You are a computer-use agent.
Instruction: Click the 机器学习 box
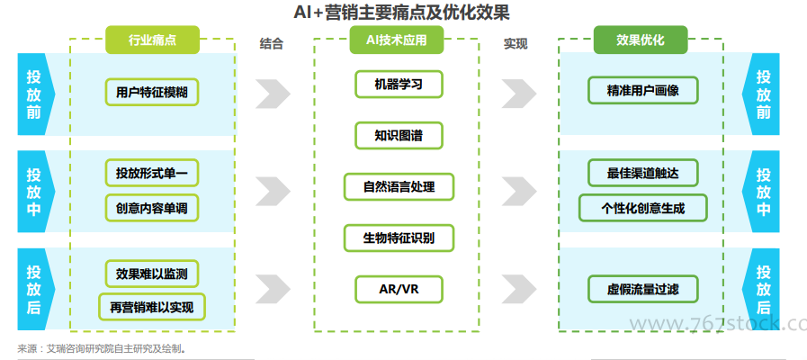click(x=399, y=85)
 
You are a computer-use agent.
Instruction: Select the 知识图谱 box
click(x=399, y=136)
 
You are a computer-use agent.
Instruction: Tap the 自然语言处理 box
click(x=399, y=187)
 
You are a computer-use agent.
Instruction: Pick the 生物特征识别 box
click(x=399, y=238)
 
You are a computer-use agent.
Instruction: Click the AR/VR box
click(x=399, y=290)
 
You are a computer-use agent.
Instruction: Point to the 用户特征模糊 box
click(x=151, y=91)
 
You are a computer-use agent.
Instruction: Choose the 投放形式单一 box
click(x=151, y=173)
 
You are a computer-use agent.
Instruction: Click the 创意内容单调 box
click(x=151, y=209)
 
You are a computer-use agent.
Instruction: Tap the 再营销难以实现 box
click(x=151, y=307)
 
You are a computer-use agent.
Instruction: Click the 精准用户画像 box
click(x=642, y=91)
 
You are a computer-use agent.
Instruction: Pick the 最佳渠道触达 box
click(x=642, y=173)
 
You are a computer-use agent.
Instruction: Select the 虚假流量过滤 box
click(x=642, y=290)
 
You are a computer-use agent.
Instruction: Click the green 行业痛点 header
click(x=152, y=40)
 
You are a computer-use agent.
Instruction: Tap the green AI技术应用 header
click(x=397, y=40)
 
